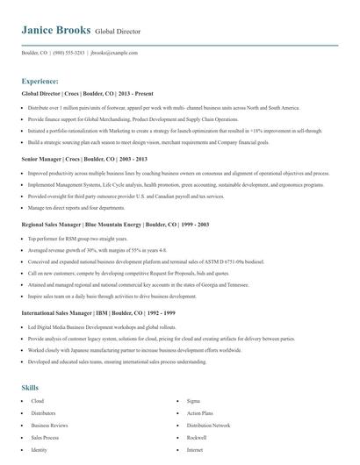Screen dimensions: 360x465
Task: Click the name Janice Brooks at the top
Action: [55, 30]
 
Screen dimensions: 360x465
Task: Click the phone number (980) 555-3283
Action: [68, 53]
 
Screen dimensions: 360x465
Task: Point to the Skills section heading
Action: [31, 362]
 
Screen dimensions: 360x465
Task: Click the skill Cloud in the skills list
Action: [37, 376]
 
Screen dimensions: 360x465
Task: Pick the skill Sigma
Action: [194, 376]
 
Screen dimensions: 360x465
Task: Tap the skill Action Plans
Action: [200, 388]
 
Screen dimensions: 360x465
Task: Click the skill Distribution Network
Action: [208, 400]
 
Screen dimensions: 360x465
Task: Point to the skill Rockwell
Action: [197, 412]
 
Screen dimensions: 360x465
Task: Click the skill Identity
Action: [40, 425]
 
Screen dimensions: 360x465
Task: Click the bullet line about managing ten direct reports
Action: [76, 208]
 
